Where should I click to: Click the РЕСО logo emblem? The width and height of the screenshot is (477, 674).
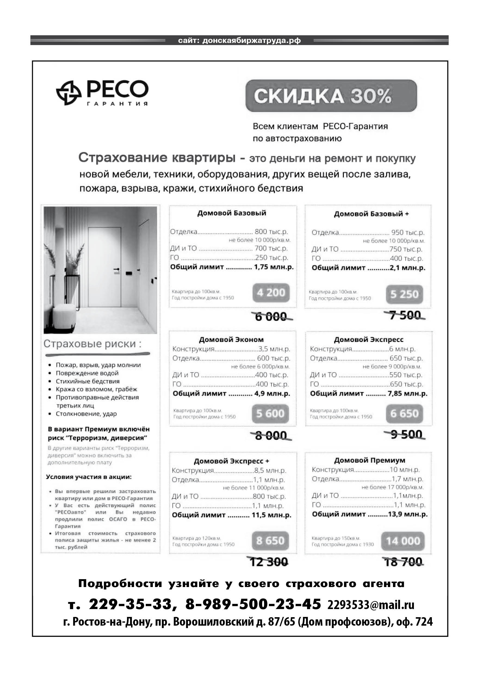click(69, 92)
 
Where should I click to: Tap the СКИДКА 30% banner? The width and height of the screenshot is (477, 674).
click(331, 96)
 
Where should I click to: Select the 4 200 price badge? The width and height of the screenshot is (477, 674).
click(271, 293)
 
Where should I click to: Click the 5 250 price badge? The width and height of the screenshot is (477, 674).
click(404, 294)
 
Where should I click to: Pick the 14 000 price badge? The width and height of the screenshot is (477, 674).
click(403, 541)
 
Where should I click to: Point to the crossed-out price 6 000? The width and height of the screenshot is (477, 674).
click(271, 317)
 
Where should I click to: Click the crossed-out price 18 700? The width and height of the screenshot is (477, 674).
click(404, 562)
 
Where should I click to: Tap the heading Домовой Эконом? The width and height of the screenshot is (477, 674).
click(231, 340)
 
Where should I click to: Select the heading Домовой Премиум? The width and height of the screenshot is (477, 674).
click(370, 460)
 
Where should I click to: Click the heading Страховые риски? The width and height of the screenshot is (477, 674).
click(92, 344)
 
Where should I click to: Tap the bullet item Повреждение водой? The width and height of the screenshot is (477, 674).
click(87, 373)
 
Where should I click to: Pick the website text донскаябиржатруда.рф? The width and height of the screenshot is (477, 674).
click(252, 40)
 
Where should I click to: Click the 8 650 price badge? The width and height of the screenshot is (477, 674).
click(270, 541)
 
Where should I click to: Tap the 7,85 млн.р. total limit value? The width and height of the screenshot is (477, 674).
click(407, 393)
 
